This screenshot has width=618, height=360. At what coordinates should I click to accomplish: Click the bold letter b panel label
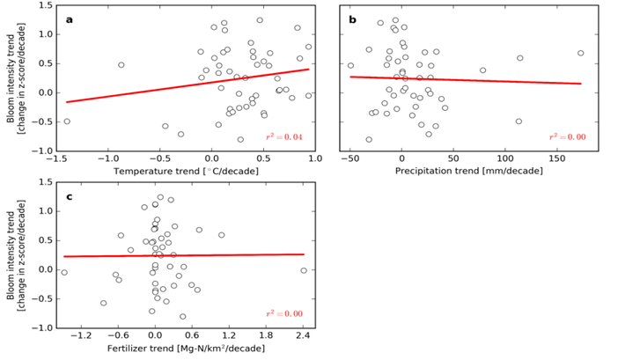[353, 18]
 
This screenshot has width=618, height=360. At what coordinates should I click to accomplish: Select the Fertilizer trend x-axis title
[183, 348]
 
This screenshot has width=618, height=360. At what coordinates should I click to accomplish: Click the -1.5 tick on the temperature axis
[56, 158]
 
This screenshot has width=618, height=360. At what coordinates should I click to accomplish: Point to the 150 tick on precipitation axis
[555, 158]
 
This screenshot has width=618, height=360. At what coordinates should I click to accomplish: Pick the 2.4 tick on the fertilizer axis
[303, 335]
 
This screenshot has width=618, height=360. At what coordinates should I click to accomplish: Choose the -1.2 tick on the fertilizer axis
[81, 335]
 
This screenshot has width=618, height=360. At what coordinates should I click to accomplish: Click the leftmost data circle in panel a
[67, 121]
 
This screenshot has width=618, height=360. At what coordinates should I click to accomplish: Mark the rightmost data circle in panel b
[581, 54]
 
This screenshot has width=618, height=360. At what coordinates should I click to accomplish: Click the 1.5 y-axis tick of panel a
[44, 5]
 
